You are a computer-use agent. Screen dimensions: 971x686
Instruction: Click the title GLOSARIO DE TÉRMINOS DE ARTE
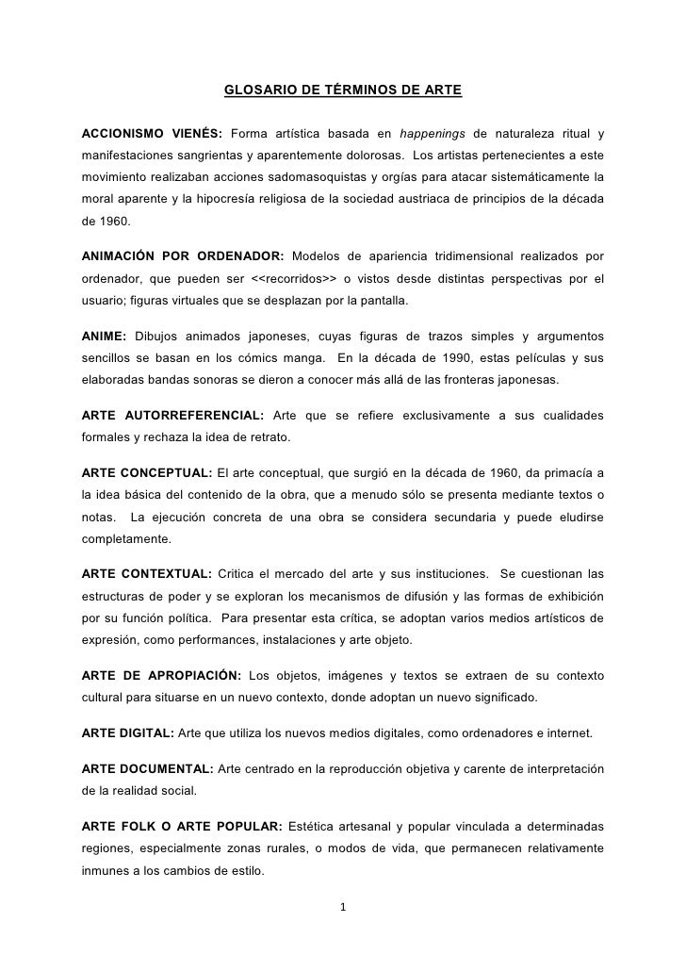pos(343,91)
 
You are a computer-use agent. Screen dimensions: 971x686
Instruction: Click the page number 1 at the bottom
pos(343,909)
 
